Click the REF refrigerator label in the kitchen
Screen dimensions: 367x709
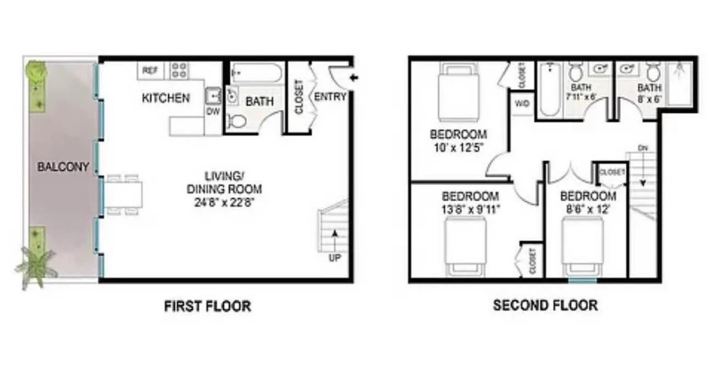pos(149,70)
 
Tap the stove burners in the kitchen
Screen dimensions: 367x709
pos(179,70)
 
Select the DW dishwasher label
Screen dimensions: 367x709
pos(213,111)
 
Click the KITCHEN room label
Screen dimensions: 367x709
pos(166,98)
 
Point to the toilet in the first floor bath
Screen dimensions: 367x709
pos(237,121)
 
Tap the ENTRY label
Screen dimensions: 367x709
pos(330,97)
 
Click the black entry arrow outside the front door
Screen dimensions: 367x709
pos(354,77)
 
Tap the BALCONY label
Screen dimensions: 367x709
pos(63,166)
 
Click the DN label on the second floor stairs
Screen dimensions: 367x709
pos(643,147)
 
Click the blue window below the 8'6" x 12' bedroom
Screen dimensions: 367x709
pos(582,280)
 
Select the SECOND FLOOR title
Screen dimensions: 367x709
pos(545,305)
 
